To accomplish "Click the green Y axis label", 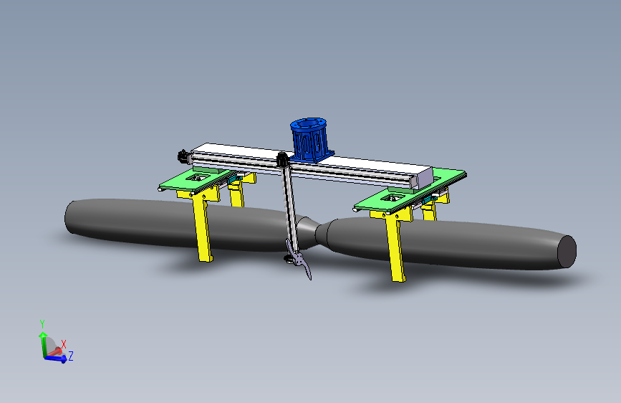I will (42, 323).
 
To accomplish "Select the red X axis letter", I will (64, 344).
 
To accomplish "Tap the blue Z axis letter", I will (71, 356).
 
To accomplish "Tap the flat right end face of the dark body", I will (567, 252).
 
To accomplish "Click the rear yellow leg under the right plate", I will (430, 212).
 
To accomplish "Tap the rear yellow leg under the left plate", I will (236, 194).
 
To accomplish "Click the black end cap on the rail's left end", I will (183, 155).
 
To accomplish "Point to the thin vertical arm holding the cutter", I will (289, 208).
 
